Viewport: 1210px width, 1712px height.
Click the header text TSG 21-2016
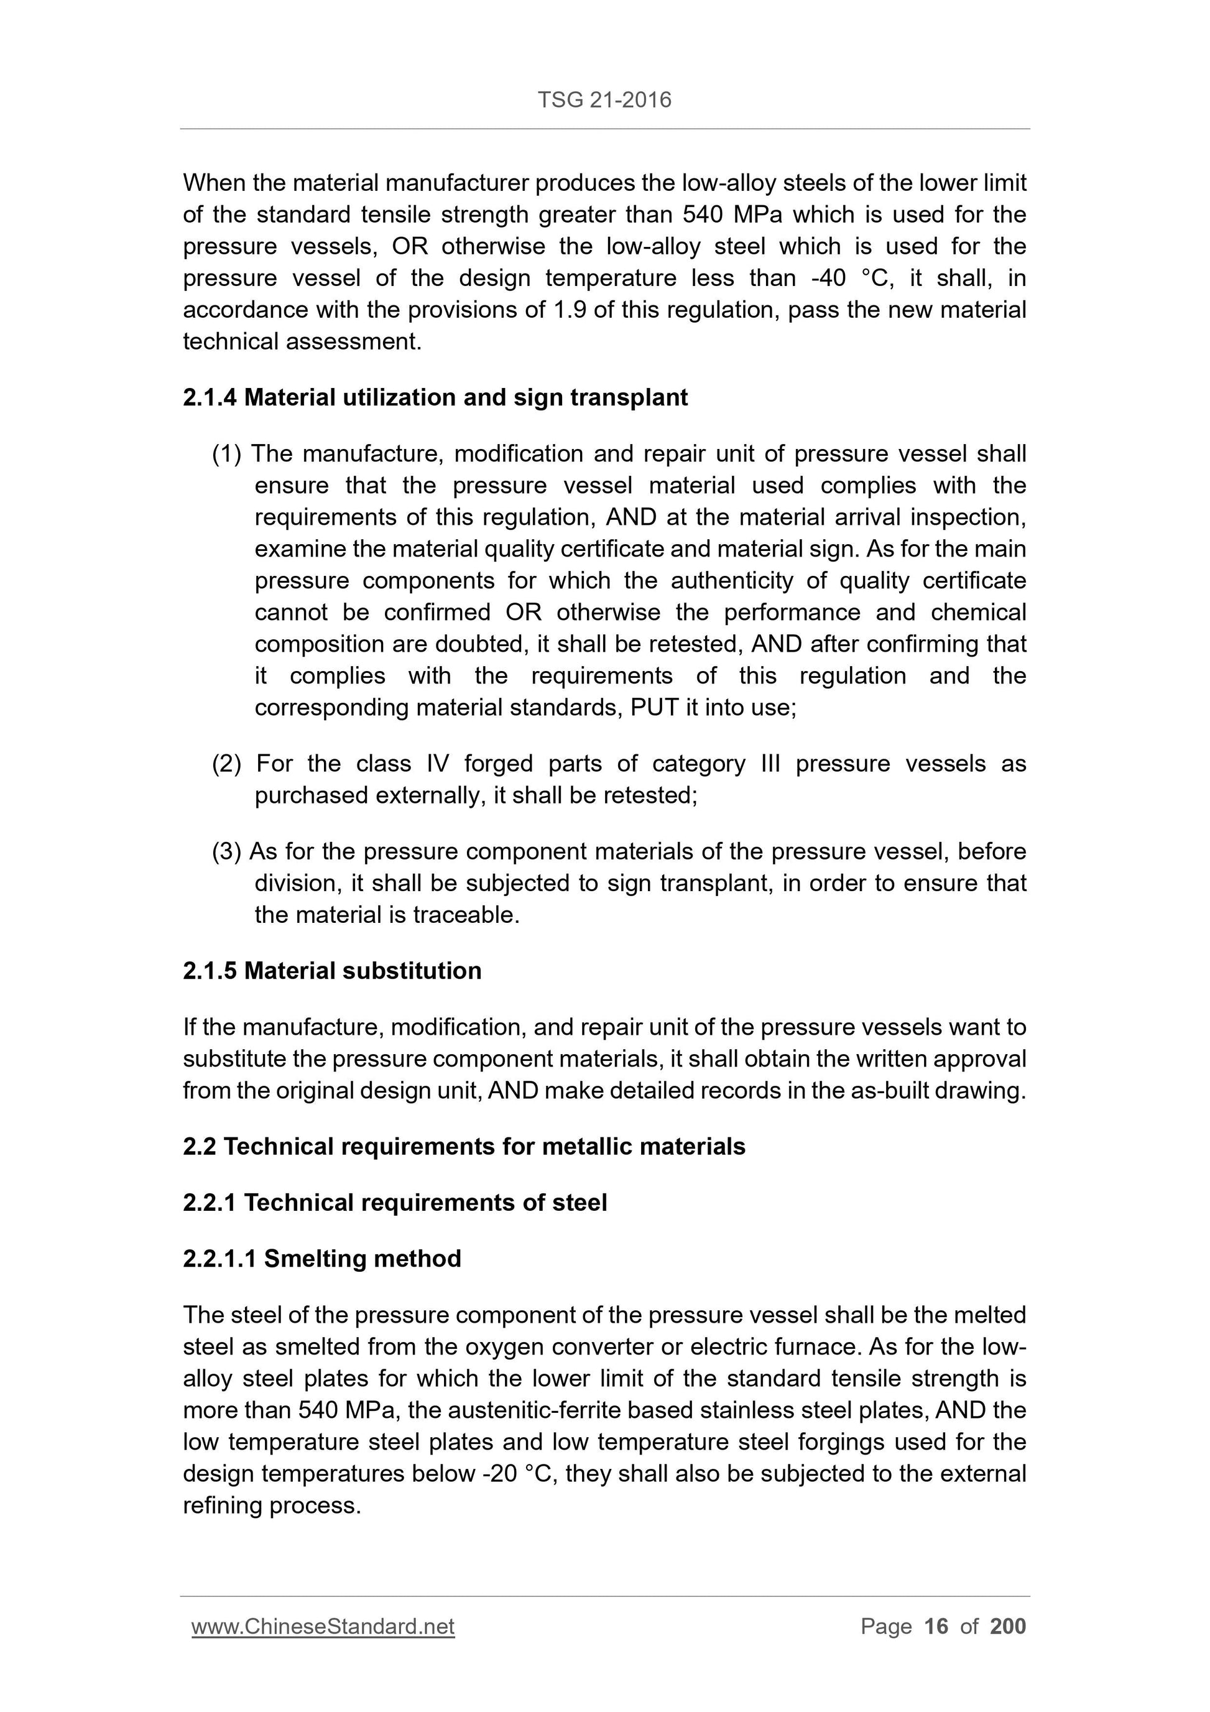tap(604, 100)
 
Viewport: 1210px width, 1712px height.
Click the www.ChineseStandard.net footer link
tap(323, 1626)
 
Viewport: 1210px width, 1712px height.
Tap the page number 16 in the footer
tap(936, 1626)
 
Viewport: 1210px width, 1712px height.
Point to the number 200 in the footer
tap(1008, 1626)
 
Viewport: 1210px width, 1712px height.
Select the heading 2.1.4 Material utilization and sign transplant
tap(435, 397)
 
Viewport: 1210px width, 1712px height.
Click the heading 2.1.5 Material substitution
tap(332, 971)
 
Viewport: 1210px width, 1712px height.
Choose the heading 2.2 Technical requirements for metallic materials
tap(464, 1146)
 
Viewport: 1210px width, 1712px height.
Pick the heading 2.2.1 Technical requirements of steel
tap(394, 1203)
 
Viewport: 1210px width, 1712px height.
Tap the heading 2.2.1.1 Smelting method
tap(321, 1259)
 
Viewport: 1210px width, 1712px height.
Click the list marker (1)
tap(227, 454)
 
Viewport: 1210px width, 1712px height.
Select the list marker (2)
tap(227, 764)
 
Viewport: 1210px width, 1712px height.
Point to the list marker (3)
tap(227, 851)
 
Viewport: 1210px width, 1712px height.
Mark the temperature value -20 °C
tap(518, 1474)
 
